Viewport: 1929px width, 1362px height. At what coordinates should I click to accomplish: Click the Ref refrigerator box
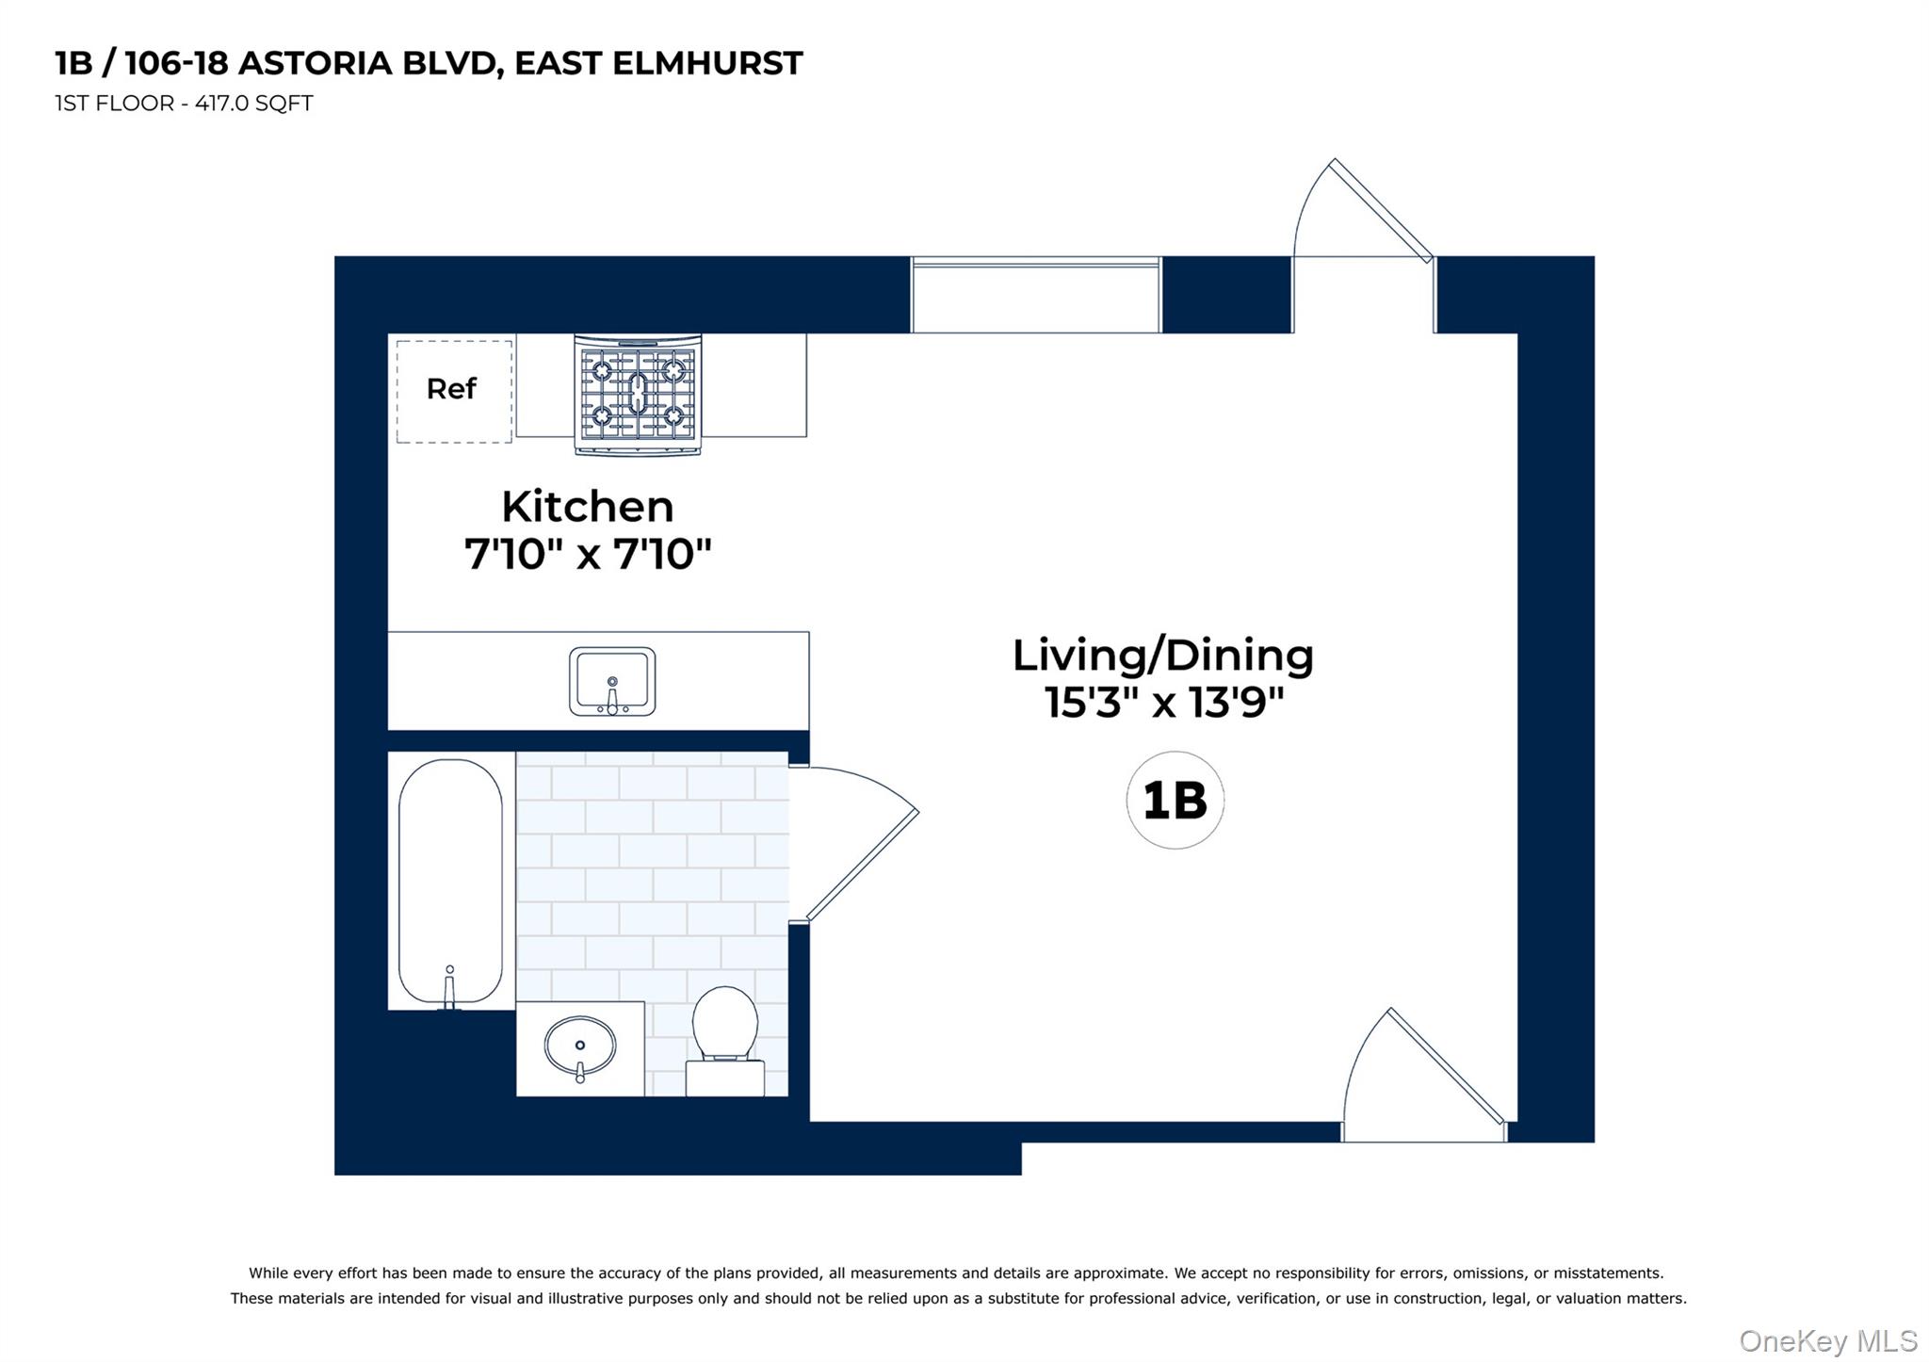click(453, 390)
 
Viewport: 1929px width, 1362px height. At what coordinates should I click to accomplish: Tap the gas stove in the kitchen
click(638, 395)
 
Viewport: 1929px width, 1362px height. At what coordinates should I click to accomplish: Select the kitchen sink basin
click(612, 681)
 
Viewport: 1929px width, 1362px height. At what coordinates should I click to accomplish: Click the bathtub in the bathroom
click(450, 880)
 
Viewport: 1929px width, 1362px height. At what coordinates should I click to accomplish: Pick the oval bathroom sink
click(580, 1046)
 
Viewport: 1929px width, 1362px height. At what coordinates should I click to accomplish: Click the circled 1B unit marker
click(1175, 801)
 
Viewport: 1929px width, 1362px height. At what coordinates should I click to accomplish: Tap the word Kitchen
click(588, 508)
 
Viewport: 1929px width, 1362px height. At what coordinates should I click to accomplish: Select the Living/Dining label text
click(1162, 656)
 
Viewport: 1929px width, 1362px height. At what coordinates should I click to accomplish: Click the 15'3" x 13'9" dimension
click(1164, 703)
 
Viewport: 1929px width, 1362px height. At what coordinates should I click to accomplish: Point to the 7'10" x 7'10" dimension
click(588, 554)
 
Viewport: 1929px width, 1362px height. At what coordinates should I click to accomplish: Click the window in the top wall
click(1035, 294)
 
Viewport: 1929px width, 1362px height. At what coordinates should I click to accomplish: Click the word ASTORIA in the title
click(315, 63)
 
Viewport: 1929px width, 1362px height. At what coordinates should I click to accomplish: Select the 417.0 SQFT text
click(253, 104)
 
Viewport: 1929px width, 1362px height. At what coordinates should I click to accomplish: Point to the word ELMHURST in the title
click(707, 63)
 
